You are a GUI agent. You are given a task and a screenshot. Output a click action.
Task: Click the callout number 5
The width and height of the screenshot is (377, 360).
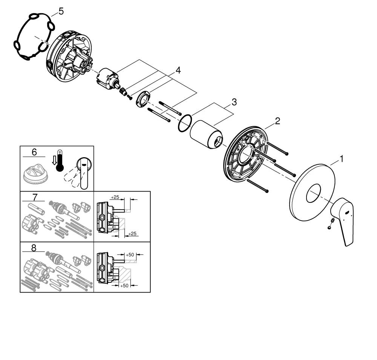tap(61, 11)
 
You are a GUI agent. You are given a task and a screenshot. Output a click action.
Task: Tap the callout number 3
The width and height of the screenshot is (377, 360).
tap(234, 102)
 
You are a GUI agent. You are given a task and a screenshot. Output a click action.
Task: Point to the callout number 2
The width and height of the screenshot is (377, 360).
tap(277, 121)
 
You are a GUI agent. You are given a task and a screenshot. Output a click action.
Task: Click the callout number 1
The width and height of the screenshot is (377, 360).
tap(342, 159)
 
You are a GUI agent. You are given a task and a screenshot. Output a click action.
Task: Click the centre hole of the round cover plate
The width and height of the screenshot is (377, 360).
tap(313, 193)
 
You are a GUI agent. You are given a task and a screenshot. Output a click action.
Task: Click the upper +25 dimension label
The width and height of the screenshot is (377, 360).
tap(115, 197)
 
